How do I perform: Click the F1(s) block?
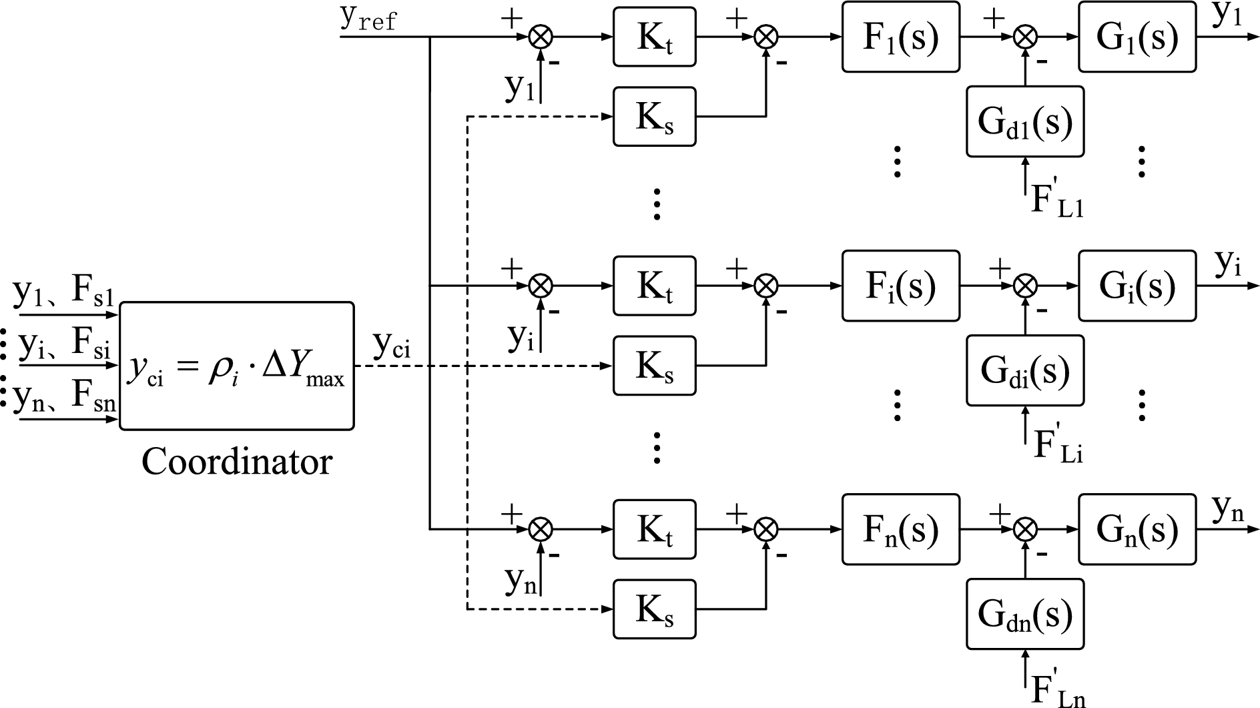pos(900,37)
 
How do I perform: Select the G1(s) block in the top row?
pos(1137,37)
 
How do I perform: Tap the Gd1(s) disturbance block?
pos(1024,121)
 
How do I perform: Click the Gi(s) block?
pos(1137,286)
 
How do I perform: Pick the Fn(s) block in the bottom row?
pos(900,529)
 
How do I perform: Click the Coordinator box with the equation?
pos(236,366)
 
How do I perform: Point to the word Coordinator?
pos(236,462)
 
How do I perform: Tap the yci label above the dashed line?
pos(392,346)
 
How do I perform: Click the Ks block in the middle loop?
pos(654,366)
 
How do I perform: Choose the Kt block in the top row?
pos(654,37)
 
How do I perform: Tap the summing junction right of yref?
pos(541,37)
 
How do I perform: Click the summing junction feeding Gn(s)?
pos(1025,529)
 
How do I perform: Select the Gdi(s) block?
pos(1024,370)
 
